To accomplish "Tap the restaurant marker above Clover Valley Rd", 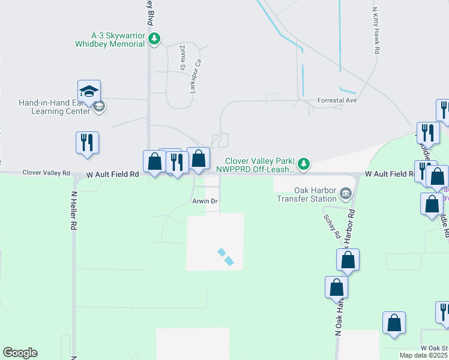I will tap(87, 143).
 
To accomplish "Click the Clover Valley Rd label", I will tap(43, 172).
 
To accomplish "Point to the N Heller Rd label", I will tap(75, 211).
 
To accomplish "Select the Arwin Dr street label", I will tap(204, 202).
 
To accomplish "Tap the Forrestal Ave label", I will tap(337, 100).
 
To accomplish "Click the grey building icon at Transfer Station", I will tap(346, 193).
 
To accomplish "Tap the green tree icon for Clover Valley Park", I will tap(304, 163).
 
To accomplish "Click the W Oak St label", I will tap(434, 348).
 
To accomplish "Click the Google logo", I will tap(20, 353).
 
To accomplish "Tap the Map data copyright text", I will tap(423, 355).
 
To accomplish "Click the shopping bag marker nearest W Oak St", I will tap(394, 323).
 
